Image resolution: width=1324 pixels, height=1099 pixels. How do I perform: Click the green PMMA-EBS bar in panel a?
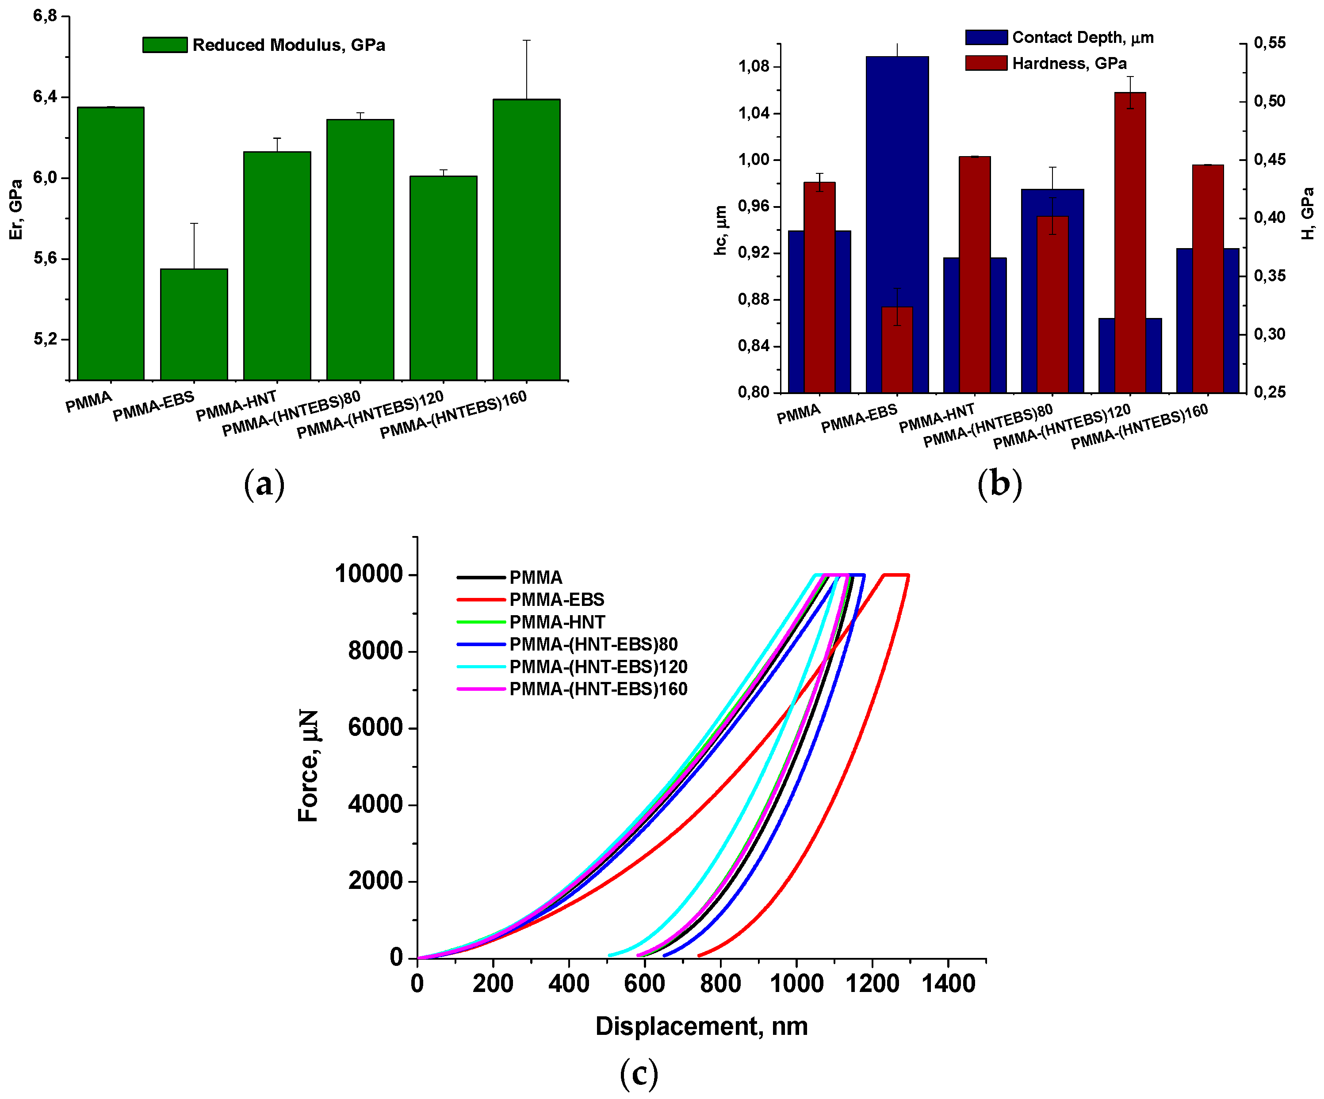coord(194,325)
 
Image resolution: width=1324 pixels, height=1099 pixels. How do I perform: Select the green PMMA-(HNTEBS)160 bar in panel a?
coord(526,240)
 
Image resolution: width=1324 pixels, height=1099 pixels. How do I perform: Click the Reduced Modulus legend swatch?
coord(165,45)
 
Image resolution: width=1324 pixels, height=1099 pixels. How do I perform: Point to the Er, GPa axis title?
coord(16,209)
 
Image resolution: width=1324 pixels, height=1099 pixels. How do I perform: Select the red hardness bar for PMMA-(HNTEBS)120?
coord(1130,243)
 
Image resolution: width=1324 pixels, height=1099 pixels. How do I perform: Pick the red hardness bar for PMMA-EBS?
coord(896,350)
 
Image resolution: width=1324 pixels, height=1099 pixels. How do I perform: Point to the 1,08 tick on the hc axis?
coord(754,67)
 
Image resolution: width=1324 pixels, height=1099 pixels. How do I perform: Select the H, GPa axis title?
coord(1308,213)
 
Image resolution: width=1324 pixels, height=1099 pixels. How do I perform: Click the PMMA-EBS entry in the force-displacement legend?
coord(556,599)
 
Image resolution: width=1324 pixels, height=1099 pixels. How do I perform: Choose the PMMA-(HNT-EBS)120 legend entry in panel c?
coord(598,666)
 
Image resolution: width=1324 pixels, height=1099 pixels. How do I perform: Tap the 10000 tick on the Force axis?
coord(368,574)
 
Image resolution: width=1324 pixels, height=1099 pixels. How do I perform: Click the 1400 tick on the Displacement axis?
coord(948,984)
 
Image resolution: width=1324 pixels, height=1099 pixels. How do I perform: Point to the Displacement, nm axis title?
coord(701,1026)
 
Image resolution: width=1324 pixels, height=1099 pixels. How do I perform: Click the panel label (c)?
coord(639,1074)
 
